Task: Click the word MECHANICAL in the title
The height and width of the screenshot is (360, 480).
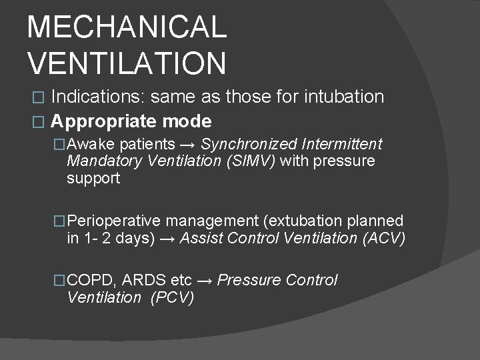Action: (127, 27)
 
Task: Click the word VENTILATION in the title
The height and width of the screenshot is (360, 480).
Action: (127, 63)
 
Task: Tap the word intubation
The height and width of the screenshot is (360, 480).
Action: (344, 97)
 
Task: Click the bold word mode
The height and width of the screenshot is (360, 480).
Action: (189, 121)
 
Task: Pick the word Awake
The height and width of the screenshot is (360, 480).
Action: (92, 144)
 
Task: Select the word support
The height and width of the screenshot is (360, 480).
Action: (93, 178)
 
